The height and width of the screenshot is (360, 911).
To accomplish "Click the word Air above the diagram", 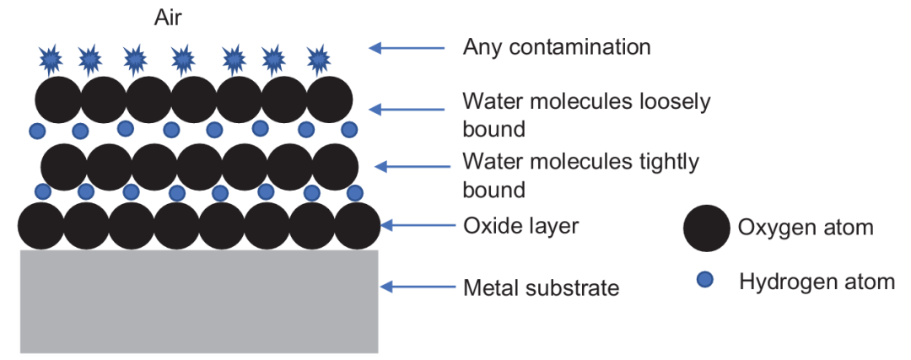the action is (168, 18).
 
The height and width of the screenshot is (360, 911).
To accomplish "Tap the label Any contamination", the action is (557, 47).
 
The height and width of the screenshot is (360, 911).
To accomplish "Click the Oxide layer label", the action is (520, 226).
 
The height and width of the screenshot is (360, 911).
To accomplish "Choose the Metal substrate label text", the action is (541, 287).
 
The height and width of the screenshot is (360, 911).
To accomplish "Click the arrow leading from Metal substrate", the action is (418, 287).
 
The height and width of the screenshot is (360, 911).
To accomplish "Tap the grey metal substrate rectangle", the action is (199, 301).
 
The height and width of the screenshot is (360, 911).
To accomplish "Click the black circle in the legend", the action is (707, 228).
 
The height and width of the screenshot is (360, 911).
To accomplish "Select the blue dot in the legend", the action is (704, 281).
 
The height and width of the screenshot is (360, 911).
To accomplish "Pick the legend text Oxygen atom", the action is (806, 228).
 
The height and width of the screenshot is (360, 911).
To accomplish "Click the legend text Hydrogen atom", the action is (817, 282).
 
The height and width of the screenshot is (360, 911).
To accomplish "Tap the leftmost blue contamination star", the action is (51, 59).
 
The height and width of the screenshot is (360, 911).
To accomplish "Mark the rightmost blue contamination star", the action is (318, 59).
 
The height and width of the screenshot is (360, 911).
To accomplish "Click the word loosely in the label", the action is (676, 103).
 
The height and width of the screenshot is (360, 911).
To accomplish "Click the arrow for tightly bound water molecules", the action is (412, 167).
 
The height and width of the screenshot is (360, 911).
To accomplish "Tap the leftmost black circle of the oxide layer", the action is (40, 226).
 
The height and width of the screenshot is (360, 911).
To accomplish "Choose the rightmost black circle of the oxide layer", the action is (358, 226).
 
